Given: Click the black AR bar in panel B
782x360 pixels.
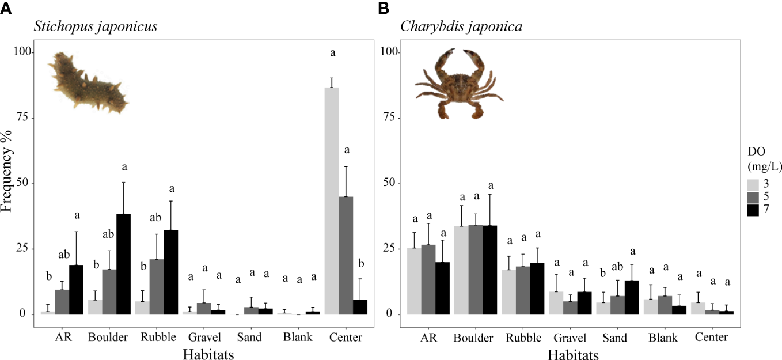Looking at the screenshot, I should tap(442, 288).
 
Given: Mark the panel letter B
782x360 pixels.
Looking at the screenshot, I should tap(383, 8).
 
